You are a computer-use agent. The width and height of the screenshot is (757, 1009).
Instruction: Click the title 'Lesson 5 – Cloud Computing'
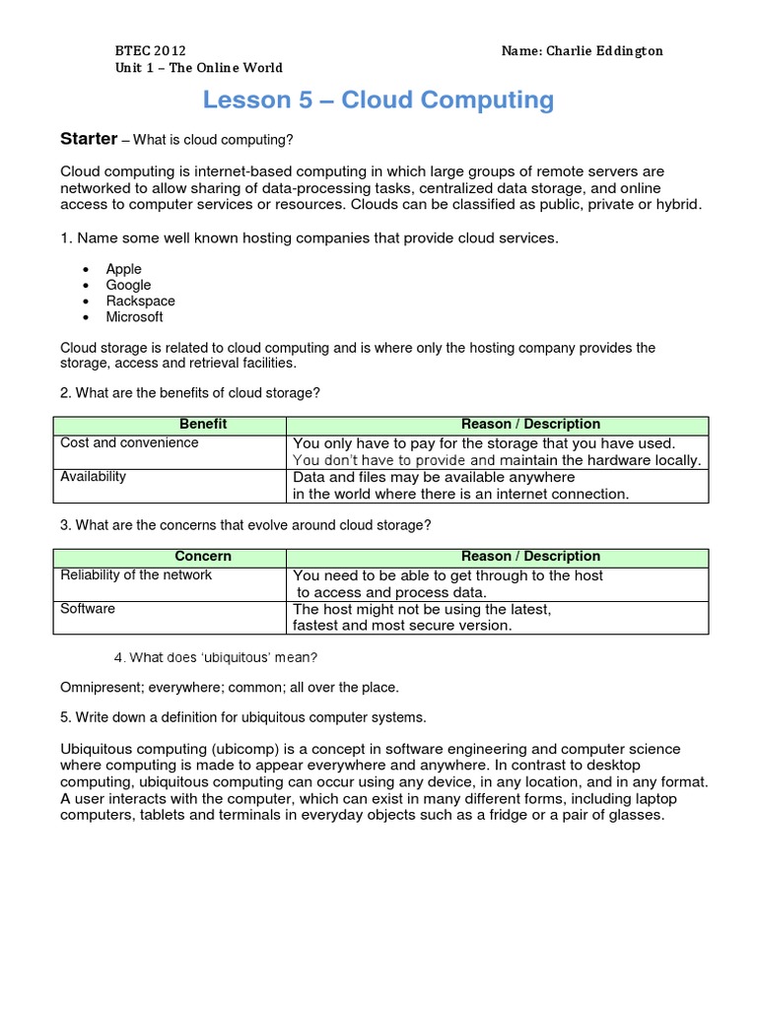coord(378,101)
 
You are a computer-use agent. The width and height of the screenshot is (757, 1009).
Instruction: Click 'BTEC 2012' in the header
coord(150,50)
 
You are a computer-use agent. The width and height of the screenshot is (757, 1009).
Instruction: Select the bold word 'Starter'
coord(89,139)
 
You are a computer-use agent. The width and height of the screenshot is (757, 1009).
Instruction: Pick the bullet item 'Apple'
coord(124,269)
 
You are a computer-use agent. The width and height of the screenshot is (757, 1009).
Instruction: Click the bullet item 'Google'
coord(129,285)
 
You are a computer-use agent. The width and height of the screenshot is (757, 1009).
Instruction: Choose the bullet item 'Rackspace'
coord(141,301)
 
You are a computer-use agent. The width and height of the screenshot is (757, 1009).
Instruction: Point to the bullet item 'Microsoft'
coord(135,316)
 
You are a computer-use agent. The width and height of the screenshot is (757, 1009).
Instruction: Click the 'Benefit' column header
coord(203,424)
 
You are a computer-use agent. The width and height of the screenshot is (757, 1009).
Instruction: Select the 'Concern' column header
coord(203,557)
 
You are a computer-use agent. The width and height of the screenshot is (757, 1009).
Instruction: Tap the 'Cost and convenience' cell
coord(129,443)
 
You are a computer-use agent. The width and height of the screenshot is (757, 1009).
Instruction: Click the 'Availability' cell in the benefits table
coord(94,477)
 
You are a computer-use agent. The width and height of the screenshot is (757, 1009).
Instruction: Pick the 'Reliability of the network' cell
coord(136,575)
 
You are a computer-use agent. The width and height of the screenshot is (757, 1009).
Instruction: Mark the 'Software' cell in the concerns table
coord(88,609)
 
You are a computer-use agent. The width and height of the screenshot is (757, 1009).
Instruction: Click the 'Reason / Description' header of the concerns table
coord(530,557)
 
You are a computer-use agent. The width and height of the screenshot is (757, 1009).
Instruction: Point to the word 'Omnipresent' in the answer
coord(103,686)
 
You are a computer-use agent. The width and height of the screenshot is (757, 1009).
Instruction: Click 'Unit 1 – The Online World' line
coord(199,68)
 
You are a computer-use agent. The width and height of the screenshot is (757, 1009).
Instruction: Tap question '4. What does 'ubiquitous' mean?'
coord(216,657)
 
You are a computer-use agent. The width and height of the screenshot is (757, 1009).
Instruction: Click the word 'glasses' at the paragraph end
coord(637,815)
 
